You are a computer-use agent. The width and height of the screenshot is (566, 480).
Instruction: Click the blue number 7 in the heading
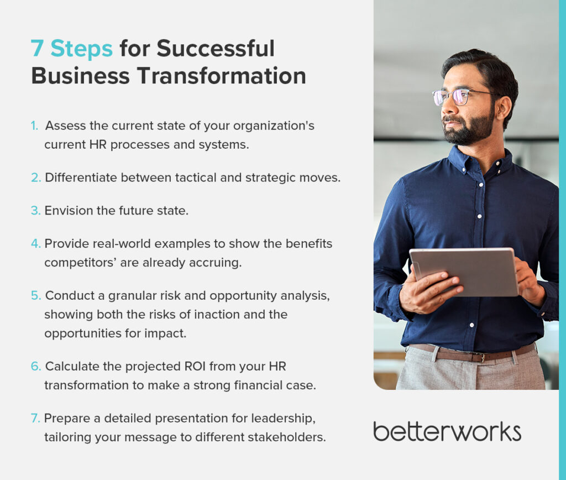click(x=37, y=49)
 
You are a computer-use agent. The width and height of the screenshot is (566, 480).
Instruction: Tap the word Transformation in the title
click(x=221, y=76)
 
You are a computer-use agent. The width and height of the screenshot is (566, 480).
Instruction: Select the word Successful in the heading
click(x=216, y=49)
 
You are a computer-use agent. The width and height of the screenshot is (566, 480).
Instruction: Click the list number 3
click(x=35, y=211)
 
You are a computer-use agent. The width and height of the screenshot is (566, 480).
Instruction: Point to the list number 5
click(x=36, y=295)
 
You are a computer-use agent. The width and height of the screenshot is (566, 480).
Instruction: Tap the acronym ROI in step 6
click(x=195, y=366)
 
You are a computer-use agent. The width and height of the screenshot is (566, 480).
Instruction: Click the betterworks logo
click(x=447, y=431)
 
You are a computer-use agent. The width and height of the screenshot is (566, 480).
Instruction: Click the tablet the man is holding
click(x=464, y=271)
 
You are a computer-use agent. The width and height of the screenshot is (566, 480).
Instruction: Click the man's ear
click(x=503, y=108)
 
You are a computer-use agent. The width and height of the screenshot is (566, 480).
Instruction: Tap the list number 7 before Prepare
click(x=35, y=418)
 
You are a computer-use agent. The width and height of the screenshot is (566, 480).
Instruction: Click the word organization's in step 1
click(x=274, y=126)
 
